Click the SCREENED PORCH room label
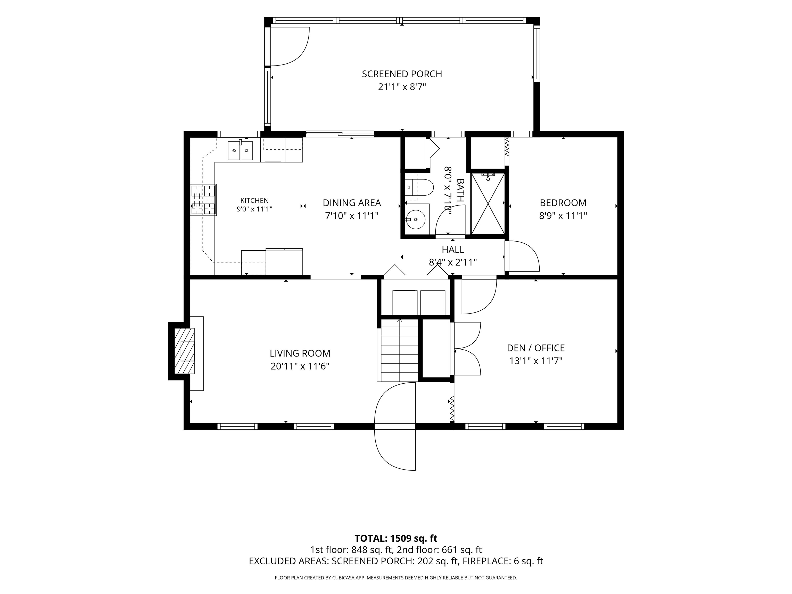(402, 74)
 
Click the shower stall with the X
(488, 204)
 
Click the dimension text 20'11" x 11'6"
(300, 366)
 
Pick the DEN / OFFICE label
(536, 348)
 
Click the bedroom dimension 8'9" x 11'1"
(563, 216)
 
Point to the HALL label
(453, 249)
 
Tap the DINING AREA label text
(352, 203)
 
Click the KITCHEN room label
(254, 201)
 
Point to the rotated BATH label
(460, 191)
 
